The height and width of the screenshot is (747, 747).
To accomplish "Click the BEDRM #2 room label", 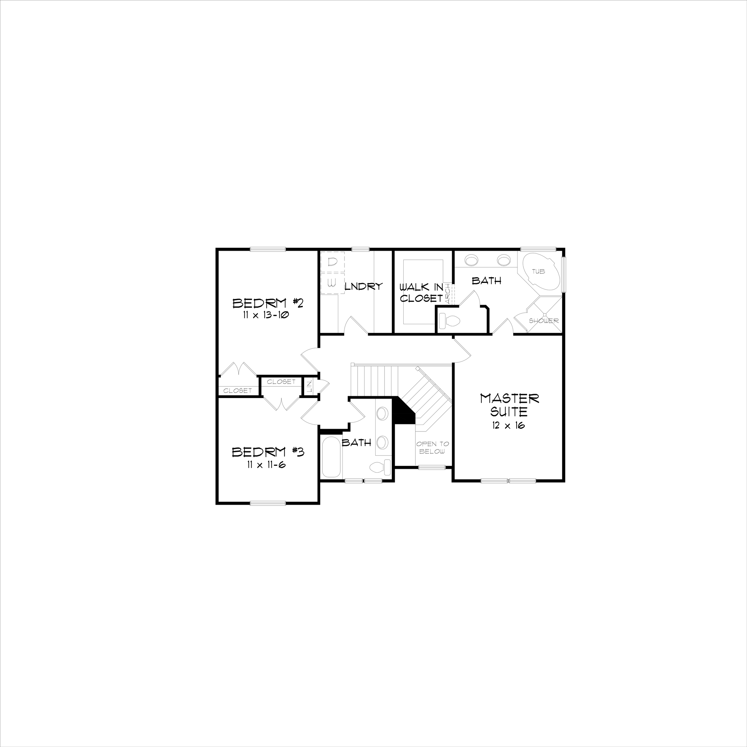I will (x=267, y=303).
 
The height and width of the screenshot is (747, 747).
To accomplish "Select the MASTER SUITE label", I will (x=509, y=405).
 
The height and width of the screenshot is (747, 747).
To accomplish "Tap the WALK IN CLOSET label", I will (x=421, y=293).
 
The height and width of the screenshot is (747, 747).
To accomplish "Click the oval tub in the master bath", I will (x=541, y=272).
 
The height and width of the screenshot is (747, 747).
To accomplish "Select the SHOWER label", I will (x=544, y=321).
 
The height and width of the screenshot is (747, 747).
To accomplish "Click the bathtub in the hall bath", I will (x=331, y=457).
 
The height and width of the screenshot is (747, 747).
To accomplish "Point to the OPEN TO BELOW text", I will (x=433, y=448).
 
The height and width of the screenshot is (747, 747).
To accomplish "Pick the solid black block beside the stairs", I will (x=403, y=412).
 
